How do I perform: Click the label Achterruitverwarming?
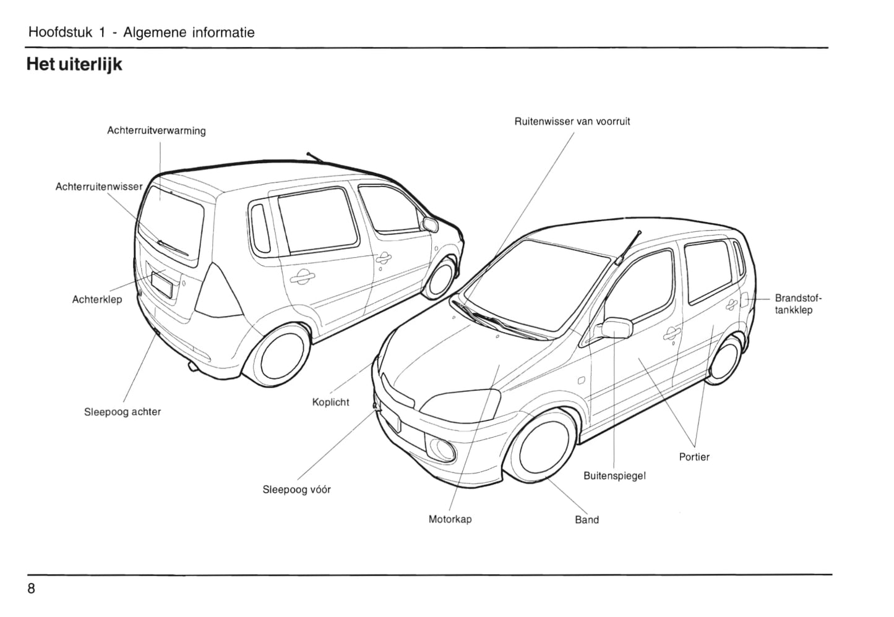(x=156, y=131)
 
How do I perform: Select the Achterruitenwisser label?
(x=99, y=187)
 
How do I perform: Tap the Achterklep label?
(x=97, y=300)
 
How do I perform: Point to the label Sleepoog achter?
(x=122, y=412)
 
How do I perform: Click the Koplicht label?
(x=330, y=402)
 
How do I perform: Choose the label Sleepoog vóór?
(x=296, y=490)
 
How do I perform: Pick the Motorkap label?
(x=450, y=519)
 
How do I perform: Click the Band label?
(x=587, y=520)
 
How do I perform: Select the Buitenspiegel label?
(x=614, y=476)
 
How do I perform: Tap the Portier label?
(x=694, y=457)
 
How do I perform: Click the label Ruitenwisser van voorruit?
(x=572, y=122)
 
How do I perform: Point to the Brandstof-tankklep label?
(x=798, y=304)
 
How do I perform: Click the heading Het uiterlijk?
(x=74, y=64)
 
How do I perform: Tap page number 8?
(x=32, y=588)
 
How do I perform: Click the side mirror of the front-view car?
(x=617, y=328)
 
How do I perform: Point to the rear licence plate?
(x=162, y=286)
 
